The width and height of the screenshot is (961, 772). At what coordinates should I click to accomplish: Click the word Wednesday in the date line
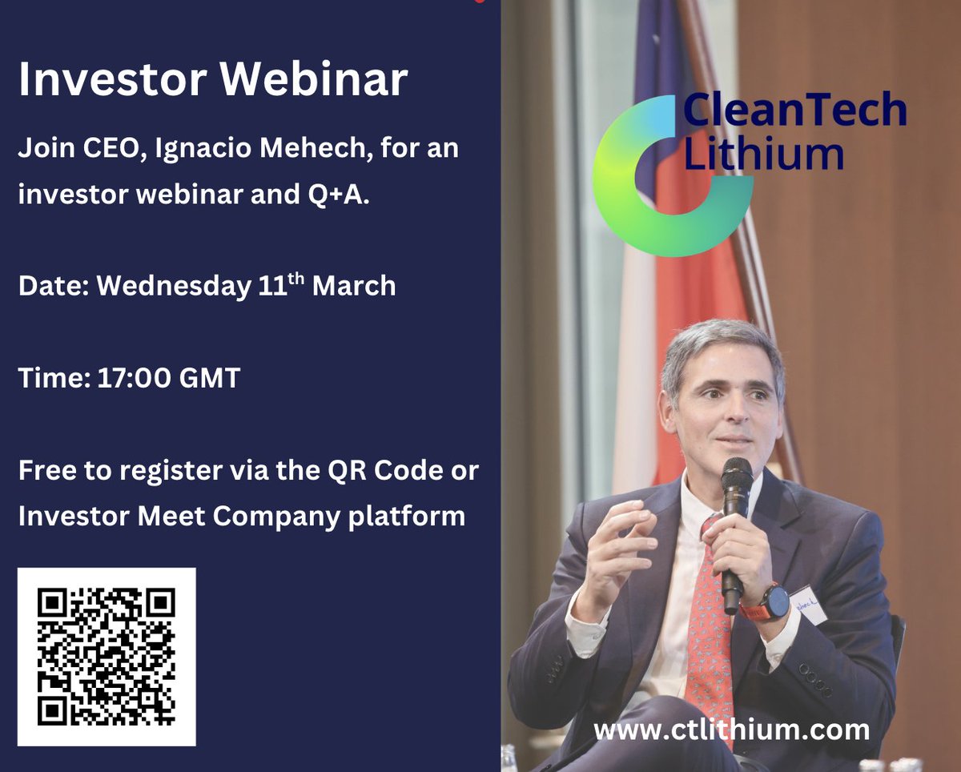click(174, 286)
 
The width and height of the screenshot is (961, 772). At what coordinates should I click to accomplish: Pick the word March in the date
click(354, 286)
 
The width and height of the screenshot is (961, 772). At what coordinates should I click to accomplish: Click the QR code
click(107, 657)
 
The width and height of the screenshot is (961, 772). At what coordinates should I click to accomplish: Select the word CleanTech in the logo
click(794, 111)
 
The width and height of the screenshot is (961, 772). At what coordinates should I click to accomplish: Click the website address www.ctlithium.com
click(731, 730)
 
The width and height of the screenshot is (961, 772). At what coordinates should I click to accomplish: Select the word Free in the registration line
click(47, 470)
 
